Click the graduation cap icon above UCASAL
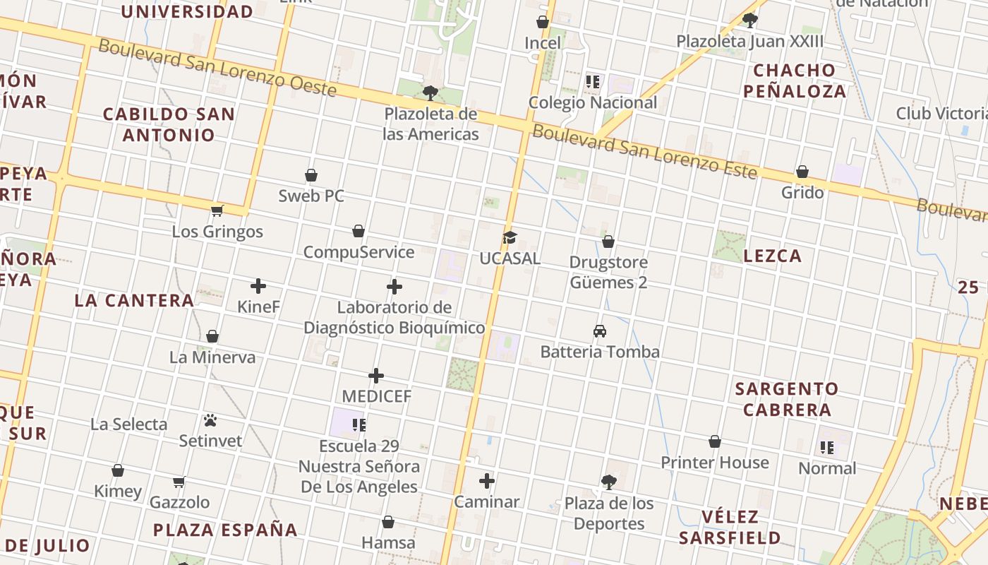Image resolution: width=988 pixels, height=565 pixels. [x=510, y=238]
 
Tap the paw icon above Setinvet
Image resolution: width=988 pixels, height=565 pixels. [x=210, y=420]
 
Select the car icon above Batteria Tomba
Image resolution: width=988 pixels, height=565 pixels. [x=600, y=331]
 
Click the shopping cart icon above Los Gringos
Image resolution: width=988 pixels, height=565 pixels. [x=217, y=210]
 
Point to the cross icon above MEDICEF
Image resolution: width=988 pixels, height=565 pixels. [x=376, y=376]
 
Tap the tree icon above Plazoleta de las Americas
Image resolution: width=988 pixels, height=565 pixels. [x=430, y=93]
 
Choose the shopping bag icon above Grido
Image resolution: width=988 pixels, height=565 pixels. [x=802, y=172]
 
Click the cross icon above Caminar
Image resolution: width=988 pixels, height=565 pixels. [x=487, y=482]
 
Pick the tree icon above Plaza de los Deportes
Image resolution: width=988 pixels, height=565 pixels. [x=608, y=482]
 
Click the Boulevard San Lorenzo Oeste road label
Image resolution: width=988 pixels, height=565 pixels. [x=217, y=68]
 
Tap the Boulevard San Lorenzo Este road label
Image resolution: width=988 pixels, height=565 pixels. [x=644, y=151]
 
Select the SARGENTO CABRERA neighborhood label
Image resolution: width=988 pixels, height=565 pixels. [x=787, y=399]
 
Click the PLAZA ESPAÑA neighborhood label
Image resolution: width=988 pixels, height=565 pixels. [x=225, y=530]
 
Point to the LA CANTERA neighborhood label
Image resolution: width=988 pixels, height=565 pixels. [x=134, y=300]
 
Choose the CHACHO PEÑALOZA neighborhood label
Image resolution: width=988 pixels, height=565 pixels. [x=795, y=81]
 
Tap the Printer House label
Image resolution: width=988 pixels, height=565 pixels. [x=715, y=463]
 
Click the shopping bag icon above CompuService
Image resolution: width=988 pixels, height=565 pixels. [x=359, y=231]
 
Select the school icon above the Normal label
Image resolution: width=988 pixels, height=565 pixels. [x=827, y=447]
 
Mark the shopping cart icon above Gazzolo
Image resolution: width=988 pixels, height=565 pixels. [x=179, y=482]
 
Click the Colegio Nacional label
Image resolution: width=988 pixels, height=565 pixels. [x=593, y=102]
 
